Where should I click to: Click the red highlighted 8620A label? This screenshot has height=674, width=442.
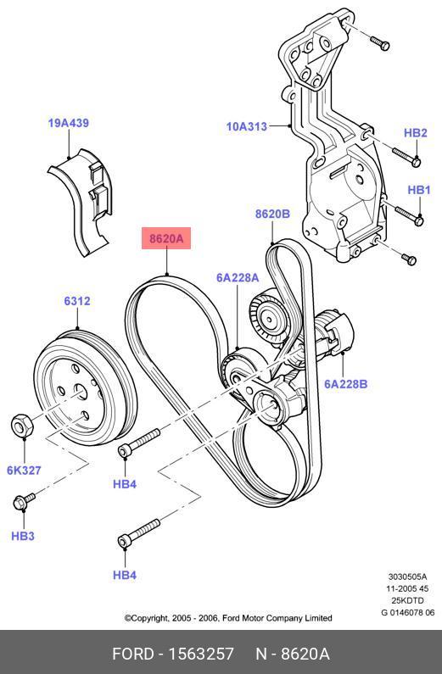(x=166, y=238)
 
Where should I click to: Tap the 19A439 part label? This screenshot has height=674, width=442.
(x=69, y=123)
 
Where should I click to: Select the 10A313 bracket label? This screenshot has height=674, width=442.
(x=247, y=126)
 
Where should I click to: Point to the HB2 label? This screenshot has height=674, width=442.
(x=416, y=133)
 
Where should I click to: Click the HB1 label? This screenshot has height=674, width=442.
(x=419, y=190)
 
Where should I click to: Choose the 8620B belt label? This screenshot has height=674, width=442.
(x=272, y=214)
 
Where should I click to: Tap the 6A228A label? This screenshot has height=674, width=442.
(x=238, y=278)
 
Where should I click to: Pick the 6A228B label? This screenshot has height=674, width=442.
(x=345, y=384)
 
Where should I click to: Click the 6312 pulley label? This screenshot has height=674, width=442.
(x=77, y=301)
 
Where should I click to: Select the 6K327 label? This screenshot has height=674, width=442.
(x=24, y=471)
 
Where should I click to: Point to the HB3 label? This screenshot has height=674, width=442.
(x=23, y=536)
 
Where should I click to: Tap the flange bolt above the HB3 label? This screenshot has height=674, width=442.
(x=24, y=501)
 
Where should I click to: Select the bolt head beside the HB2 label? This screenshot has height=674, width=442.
(x=416, y=162)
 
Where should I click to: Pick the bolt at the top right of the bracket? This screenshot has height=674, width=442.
(x=380, y=43)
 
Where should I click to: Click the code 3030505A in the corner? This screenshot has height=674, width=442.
(x=407, y=577)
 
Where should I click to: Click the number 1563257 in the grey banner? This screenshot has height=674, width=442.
(x=201, y=654)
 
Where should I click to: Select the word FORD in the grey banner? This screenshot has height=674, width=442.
(x=133, y=654)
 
